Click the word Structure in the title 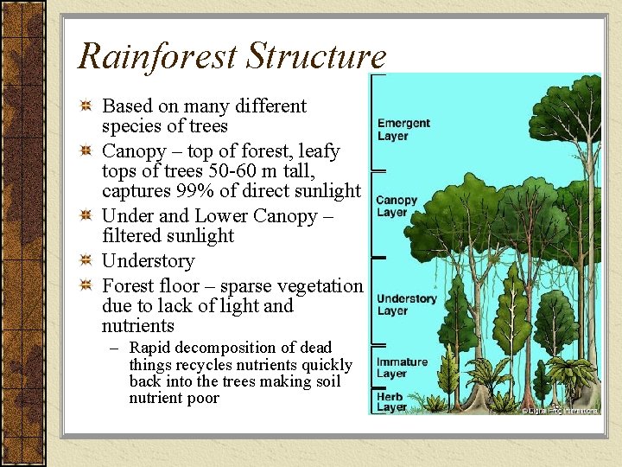tap(315, 57)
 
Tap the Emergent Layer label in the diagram tap(403, 130)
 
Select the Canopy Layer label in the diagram tap(397, 207)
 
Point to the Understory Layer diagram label tap(406, 304)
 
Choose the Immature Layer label tap(402, 368)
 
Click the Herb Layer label tap(391, 402)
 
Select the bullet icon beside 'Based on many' tap(86, 106)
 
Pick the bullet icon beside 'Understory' tap(86, 261)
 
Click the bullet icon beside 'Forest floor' tap(86, 286)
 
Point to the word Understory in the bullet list tap(148, 261)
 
